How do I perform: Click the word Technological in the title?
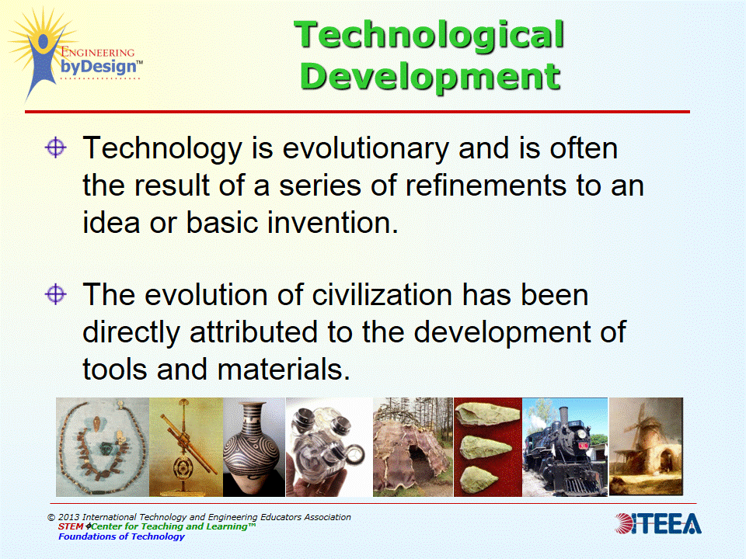(x=430, y=36)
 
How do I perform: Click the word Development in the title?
(x=430, y=76)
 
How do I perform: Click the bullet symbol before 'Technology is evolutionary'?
(x=55, y=148)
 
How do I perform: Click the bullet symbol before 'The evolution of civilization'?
(x=55, y=294)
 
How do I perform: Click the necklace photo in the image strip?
(x=102, y=447)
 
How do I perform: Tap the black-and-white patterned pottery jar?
(x=254, y=447)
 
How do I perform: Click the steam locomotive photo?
(x=564, y=447)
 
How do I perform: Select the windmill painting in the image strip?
(x=645, y=447)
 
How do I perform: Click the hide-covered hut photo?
(x=413, y=447)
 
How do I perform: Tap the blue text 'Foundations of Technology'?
(x=121, y=536)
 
